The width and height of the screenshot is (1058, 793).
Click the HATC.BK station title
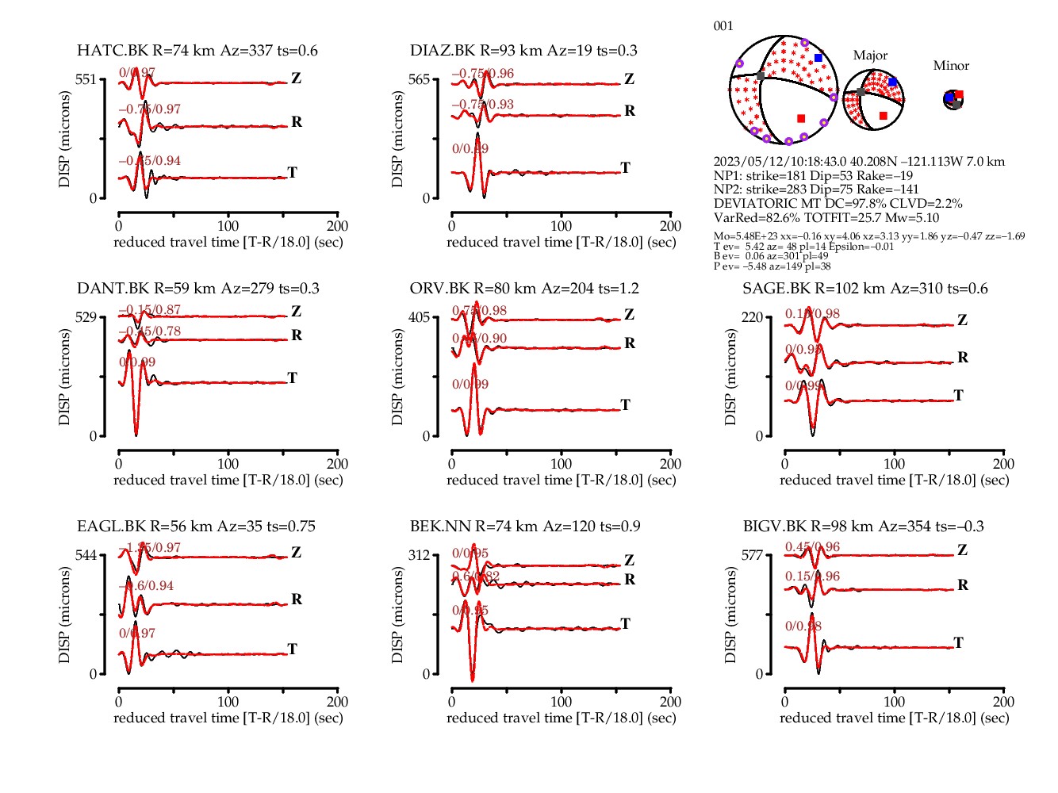197,51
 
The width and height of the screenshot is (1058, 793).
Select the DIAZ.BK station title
523,51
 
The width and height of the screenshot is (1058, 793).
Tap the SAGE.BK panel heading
864,289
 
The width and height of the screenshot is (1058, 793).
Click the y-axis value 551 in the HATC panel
85,79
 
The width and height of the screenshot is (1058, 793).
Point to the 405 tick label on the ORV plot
418,317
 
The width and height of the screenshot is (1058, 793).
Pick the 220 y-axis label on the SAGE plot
751,317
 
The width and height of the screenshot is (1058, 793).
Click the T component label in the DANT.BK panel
293,377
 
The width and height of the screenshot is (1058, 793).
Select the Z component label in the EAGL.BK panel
296,552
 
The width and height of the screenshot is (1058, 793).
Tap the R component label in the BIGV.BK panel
963,585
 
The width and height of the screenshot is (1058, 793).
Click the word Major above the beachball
870,56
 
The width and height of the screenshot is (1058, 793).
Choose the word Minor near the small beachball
951,66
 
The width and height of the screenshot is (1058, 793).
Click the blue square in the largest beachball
818,58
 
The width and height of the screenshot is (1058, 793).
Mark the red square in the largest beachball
801,118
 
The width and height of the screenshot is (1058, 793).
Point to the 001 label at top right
723,26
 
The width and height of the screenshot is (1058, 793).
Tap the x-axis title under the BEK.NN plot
561,718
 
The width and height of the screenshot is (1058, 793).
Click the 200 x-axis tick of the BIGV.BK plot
1003,702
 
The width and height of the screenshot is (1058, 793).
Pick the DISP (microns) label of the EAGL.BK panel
64,615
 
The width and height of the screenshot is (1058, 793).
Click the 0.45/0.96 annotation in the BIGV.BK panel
812,547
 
